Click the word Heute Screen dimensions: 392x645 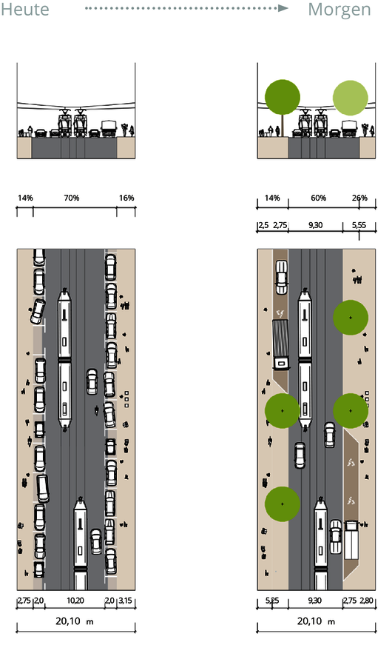pos(25,10)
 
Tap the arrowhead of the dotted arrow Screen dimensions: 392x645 pos(283,8)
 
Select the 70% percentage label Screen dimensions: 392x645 pos(72,198)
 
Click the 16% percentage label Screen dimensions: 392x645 pos(126,198)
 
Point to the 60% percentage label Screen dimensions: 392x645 pos(319,198)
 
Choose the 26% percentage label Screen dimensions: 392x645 pos(359,198)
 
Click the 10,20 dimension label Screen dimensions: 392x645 pos(75,601)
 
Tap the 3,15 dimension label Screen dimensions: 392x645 pos(125,601)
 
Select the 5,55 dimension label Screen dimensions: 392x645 pos(359,225)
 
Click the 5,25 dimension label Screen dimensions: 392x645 pos(272,601)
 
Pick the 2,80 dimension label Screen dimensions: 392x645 pos(367,601)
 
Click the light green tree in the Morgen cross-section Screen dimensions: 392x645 pos(350,98)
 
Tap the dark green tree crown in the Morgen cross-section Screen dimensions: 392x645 pos(283,98)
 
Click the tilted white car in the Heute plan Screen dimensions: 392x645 pos(38,311)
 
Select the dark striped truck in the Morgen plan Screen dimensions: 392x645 pos(280,344)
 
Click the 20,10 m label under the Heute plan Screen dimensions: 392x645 pos(75,621)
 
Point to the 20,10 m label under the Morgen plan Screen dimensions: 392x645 pos(316,621)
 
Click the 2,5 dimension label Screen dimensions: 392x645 pos(264,225)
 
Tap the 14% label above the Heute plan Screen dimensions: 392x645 pos(25,198)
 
